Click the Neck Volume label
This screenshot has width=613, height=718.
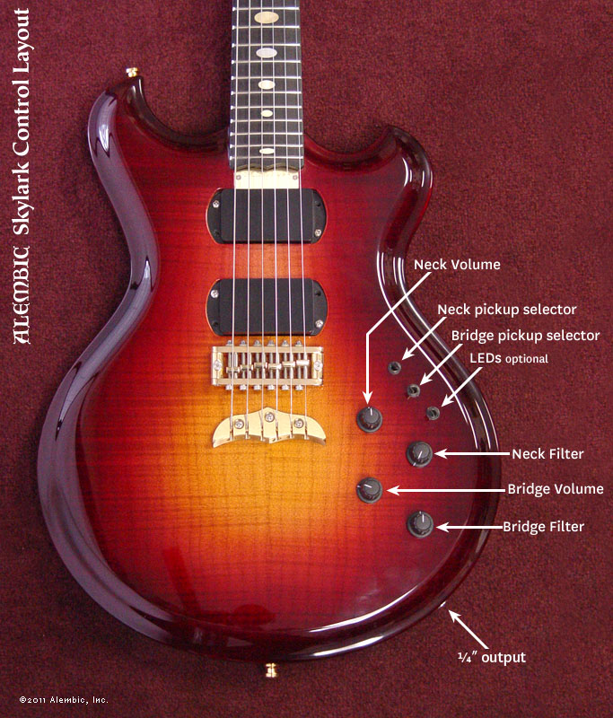(x=457, y=265)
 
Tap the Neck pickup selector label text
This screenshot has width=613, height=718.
(x=506, y=310)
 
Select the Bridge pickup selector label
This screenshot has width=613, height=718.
(x=525, y=336)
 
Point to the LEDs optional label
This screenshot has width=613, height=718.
(x=508, y=358)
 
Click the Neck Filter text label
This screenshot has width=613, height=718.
(x=547, y=454)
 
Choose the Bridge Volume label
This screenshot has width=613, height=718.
(x=556, y=489)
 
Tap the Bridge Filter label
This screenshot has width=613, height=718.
(x=544, y=527)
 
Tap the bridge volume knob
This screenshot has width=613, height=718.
(x=370, y=490)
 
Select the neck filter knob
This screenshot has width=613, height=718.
(x=419, y=454)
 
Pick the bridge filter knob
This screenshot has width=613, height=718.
(x=420, y=524)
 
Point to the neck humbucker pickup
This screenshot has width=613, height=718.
(x=267, y=215)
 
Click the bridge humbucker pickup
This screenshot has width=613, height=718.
(x=267, y=305)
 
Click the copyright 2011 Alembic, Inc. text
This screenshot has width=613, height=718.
(x=63, y=699)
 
